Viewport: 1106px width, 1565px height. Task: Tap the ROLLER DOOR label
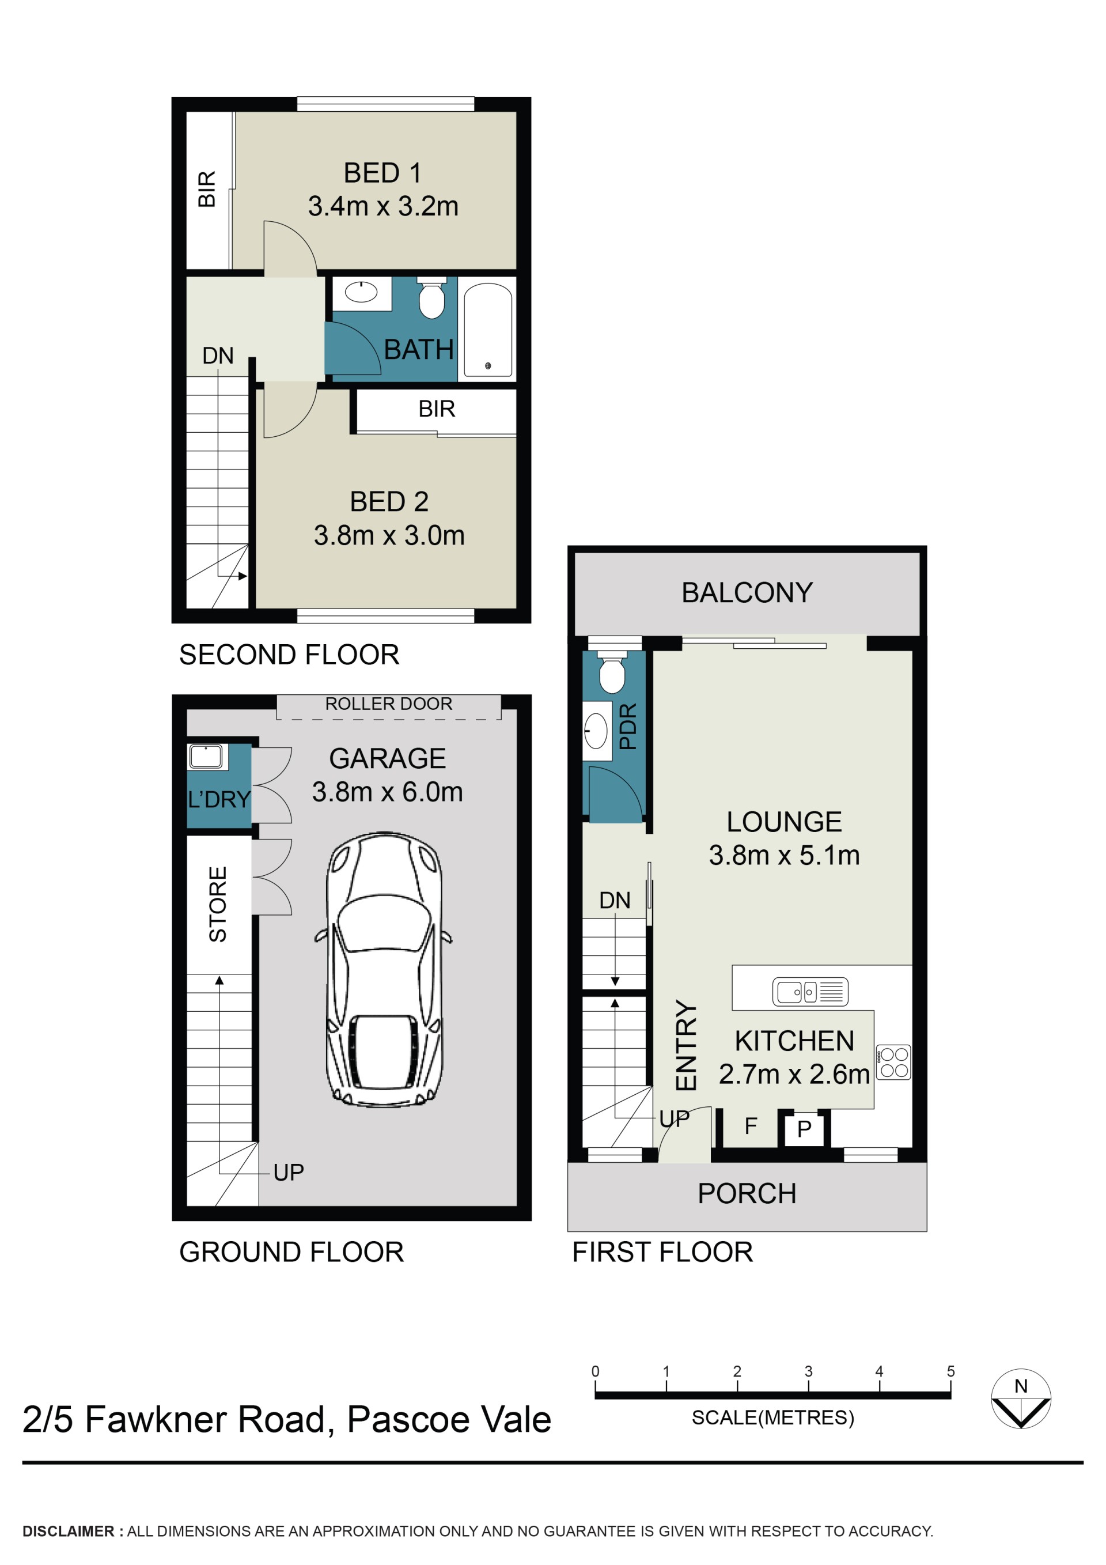[388, 704]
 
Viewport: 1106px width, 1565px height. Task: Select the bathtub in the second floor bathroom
[487, 330]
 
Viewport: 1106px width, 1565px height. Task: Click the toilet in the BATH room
[431, 298]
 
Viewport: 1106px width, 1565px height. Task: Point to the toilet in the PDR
[612, 671]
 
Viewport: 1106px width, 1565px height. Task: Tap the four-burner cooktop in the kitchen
[893, 1063]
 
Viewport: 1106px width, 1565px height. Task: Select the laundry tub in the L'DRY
[206, 757]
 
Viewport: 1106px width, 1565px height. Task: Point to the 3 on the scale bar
[808, 1371]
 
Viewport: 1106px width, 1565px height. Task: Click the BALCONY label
[747, 592]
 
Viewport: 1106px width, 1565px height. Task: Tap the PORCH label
[747, 1193]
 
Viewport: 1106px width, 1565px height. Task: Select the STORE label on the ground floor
[217, 904]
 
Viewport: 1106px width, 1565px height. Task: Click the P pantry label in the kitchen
[804, 1129]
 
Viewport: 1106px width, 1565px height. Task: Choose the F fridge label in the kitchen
[751, 1126]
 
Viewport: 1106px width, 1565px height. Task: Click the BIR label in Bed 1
[206, 189]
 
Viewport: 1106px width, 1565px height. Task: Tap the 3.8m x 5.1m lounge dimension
[785, 855]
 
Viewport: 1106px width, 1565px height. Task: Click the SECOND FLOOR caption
[289, 655]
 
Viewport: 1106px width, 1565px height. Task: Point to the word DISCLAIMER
[68, 1531]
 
